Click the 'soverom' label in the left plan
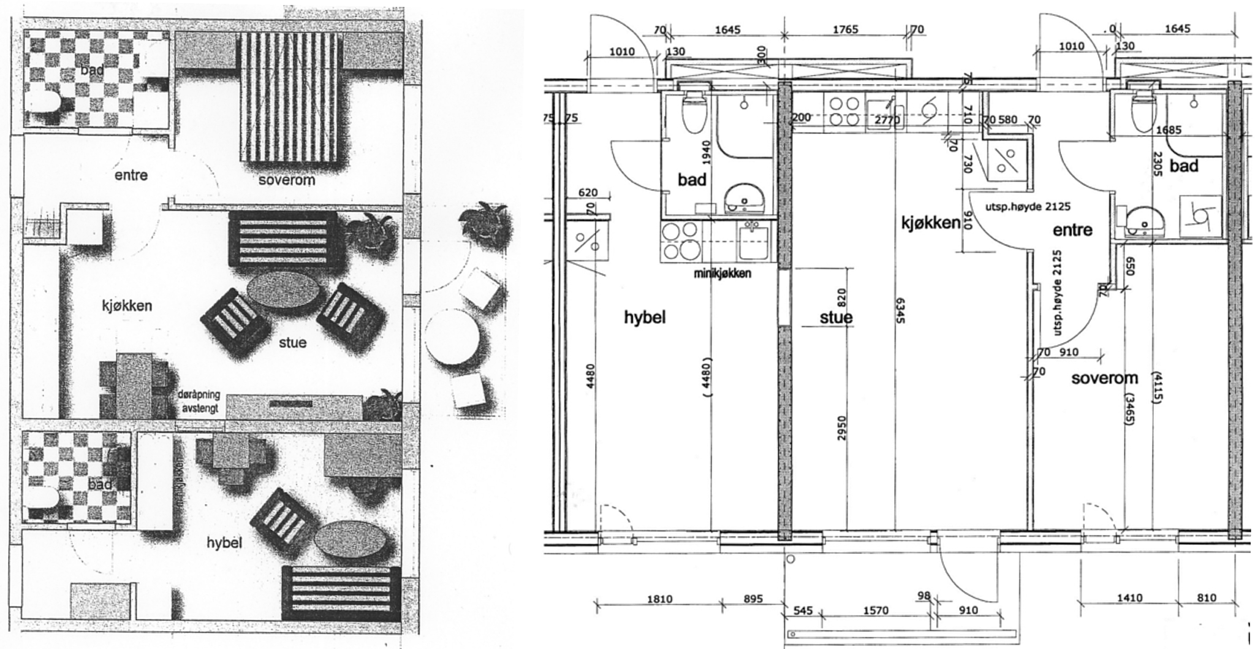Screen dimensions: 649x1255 click(287, 180)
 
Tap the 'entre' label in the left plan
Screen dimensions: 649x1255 click(131, 175)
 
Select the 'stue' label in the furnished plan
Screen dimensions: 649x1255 click(292, 342)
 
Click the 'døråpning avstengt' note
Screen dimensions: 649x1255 click(198, 402)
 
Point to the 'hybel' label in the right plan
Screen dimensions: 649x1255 click(645, 318)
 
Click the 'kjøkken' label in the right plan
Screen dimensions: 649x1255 click(930, 223)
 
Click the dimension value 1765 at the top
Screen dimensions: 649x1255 click(845, 29)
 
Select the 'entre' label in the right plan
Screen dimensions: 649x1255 click(1072, 230)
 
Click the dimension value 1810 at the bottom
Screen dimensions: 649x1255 click(659, 599)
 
